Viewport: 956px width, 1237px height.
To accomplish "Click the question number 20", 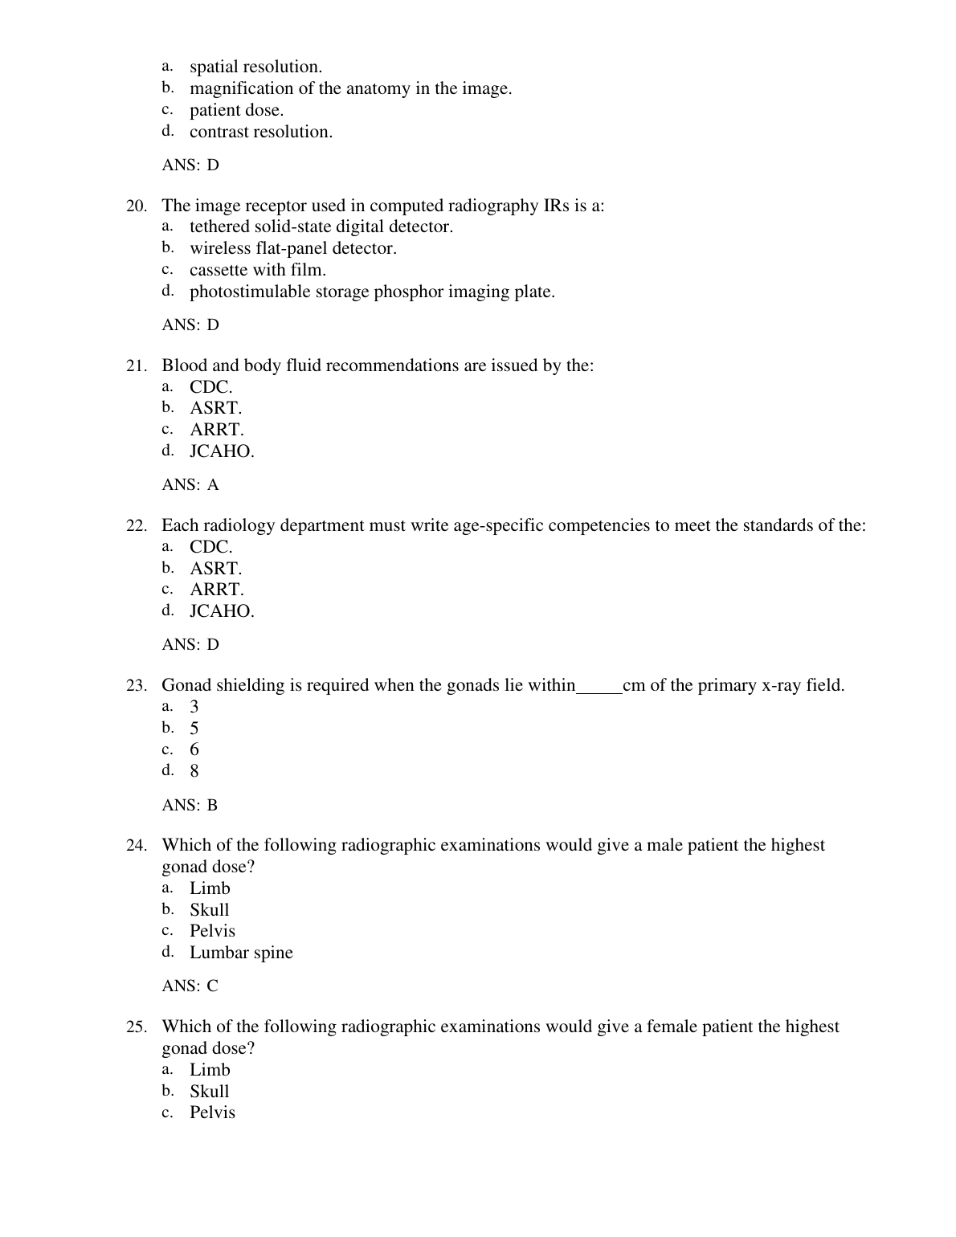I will (x=136, y=206).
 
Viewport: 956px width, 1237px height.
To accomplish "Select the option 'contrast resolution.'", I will (x=260, y=133).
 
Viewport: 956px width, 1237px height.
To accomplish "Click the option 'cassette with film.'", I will (x=257, y=271).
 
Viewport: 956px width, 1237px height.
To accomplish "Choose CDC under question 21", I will (x=210, y=387).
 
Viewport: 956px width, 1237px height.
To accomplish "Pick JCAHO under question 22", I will (x=222, y=611).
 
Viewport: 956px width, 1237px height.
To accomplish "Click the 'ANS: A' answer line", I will (x=190, y=485).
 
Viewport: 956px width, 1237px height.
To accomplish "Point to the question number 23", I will (x=136, y=686).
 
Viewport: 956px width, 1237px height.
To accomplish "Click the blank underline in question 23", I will (x=599, y=688).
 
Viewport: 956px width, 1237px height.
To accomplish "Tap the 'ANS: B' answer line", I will (x=190, y=806).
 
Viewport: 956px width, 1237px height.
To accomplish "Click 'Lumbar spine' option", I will (x=241, y=953).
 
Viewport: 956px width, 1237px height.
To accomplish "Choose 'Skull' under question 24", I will (x=209, y=910).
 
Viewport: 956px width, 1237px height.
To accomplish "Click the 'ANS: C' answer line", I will (x=190, y=986).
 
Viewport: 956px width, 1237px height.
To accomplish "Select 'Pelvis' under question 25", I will (x=212, y=1112).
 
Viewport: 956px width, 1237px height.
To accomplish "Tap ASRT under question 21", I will (x=215, y=409).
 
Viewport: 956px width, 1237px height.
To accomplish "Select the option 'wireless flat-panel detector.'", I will (x=292, y=249).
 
